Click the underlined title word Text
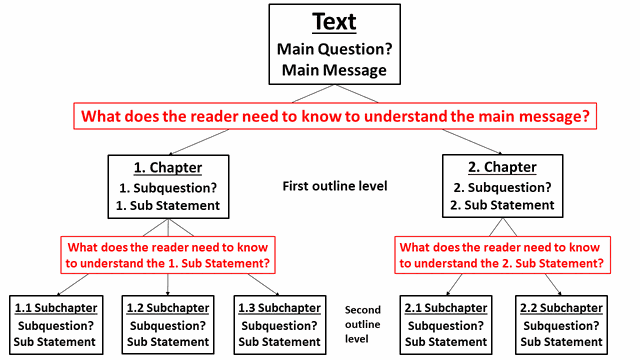click(334, 22)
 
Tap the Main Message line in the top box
click(334, 70)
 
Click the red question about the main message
click(334, 116)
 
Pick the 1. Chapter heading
click(168, 167)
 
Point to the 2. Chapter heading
click(502, 167)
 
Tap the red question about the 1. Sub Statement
click(168, 254)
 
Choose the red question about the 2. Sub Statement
click(501, 254)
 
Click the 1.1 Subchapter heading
click(55, 308)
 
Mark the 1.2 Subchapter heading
click(168, 308)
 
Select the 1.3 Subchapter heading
click(280, 308)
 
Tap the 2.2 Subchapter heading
click(558, 308)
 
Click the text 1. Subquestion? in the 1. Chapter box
click(168, 186)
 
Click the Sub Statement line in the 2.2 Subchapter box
click(558, 342)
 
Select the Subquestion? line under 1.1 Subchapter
click(55, 325)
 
